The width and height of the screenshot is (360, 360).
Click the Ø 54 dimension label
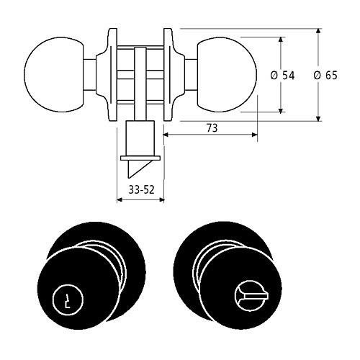click(282, 76)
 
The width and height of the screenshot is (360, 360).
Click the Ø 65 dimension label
click(325, 76)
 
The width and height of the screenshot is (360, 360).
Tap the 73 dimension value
click(212, 128)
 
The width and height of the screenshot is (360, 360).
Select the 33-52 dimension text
click(141, 190)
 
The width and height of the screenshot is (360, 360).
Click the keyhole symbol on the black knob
click(68, 300)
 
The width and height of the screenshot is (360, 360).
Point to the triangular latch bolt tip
click(139, 169)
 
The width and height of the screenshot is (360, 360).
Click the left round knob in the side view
click(54, 74)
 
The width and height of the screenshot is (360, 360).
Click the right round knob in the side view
click(227, 74)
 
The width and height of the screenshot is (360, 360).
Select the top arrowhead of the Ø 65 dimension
click(318, 32)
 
